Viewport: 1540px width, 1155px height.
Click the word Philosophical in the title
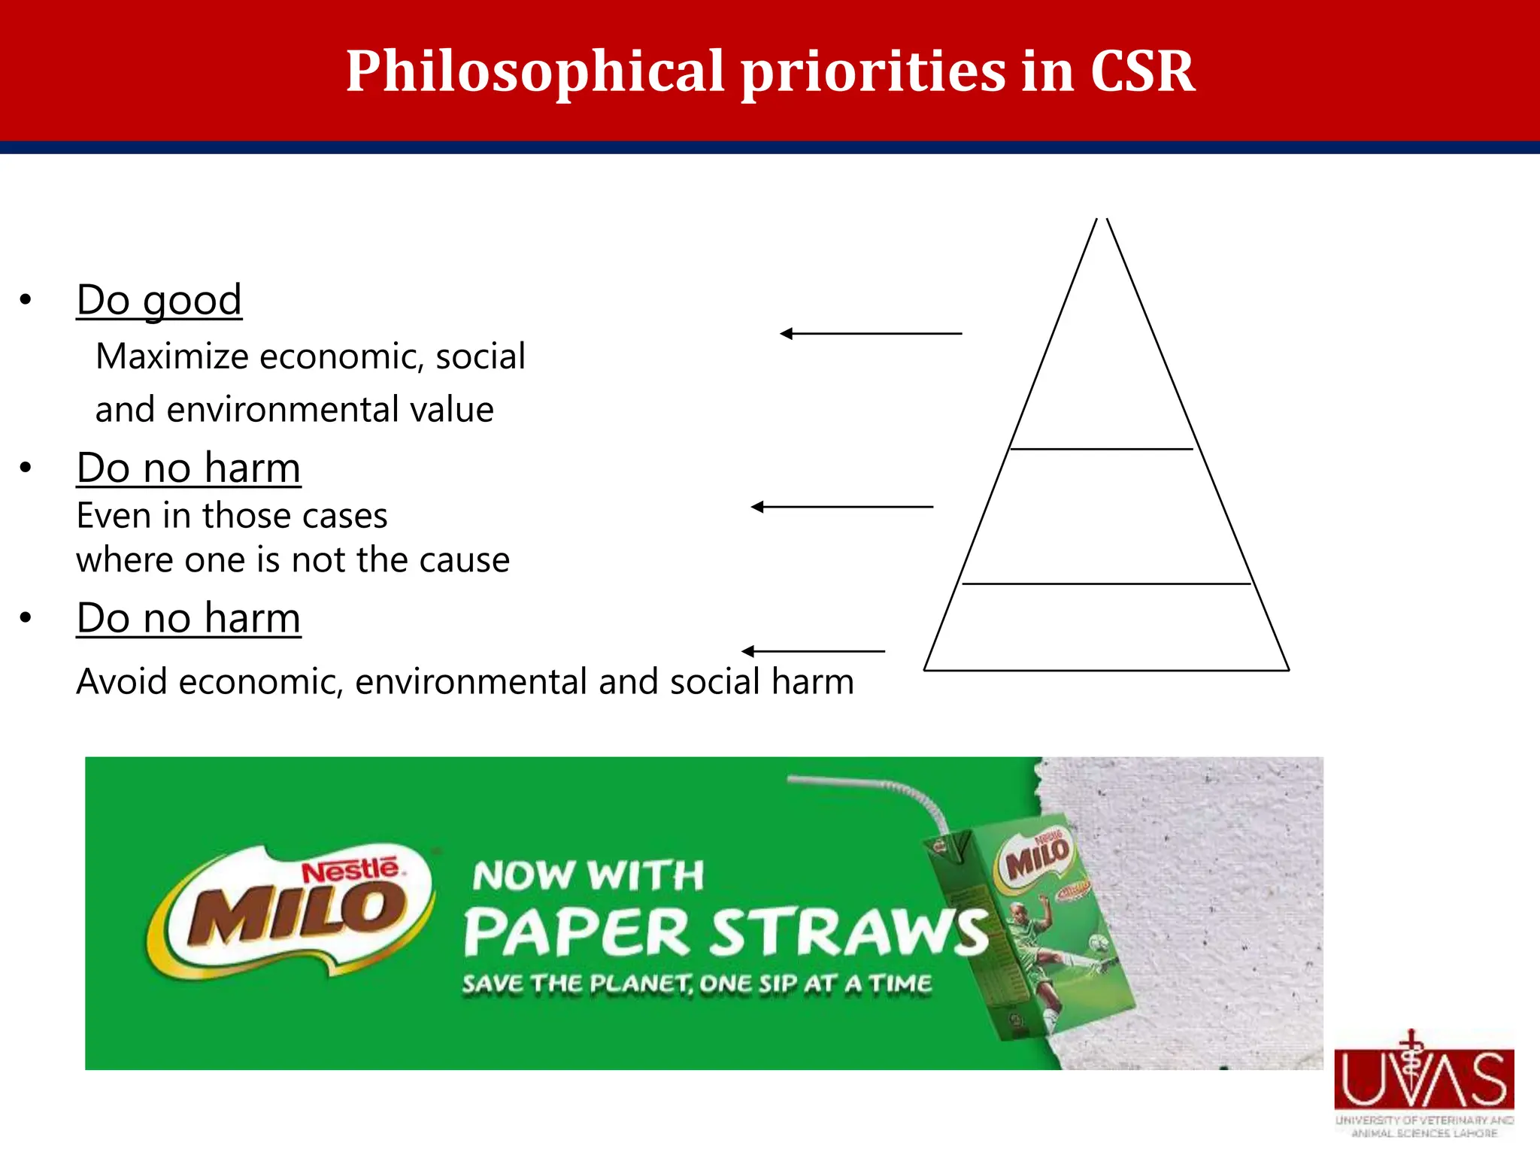(536, 71)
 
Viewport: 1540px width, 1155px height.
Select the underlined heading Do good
(159, 300)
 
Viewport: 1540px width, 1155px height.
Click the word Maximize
(170, 356)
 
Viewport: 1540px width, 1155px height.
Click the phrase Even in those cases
(232, 516)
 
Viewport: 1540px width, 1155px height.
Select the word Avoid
(121, 682)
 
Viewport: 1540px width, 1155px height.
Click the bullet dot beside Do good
(26, 300)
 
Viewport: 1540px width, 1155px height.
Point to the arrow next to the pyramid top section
(870, 333)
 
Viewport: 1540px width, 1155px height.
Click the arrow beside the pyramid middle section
(841, 507)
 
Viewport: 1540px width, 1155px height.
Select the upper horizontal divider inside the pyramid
(1102, 449)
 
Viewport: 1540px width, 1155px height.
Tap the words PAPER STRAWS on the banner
(725, 932)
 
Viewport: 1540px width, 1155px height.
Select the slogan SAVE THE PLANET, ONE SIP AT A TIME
(696, 984)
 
